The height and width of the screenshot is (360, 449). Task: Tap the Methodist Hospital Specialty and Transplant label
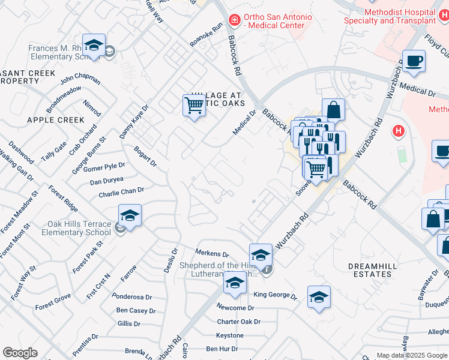389,16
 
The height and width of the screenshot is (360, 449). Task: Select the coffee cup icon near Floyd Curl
414,61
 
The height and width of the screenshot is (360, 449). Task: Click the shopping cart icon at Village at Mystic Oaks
194,105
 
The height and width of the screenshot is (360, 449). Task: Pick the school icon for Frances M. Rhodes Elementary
94,45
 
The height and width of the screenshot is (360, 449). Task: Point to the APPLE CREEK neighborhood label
56,120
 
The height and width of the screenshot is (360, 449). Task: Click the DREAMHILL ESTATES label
378,269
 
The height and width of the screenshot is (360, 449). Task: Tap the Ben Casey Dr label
136,311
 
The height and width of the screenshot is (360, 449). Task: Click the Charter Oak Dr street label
238,322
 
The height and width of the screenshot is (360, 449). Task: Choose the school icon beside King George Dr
319,296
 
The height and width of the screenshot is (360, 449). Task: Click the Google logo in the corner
20,353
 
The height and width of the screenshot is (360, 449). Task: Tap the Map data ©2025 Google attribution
412,355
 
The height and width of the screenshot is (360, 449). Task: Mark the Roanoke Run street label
206,34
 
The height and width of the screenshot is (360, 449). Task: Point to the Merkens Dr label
213,254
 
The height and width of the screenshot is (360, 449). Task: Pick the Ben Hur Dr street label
222,349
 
